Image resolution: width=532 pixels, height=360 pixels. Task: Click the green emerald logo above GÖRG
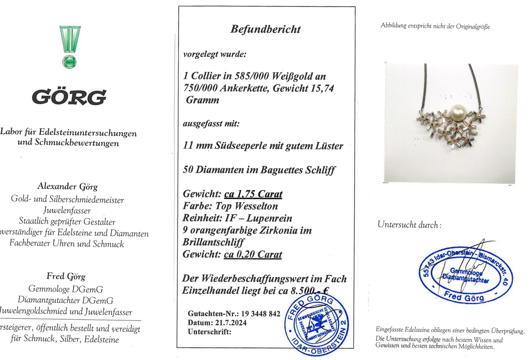click(70, 46)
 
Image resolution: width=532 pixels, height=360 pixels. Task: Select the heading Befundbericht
click(265, 29)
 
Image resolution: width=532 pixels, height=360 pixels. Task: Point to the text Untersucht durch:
click(409, 225)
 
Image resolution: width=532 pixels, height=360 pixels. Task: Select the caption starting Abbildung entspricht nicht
click(435, 26)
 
